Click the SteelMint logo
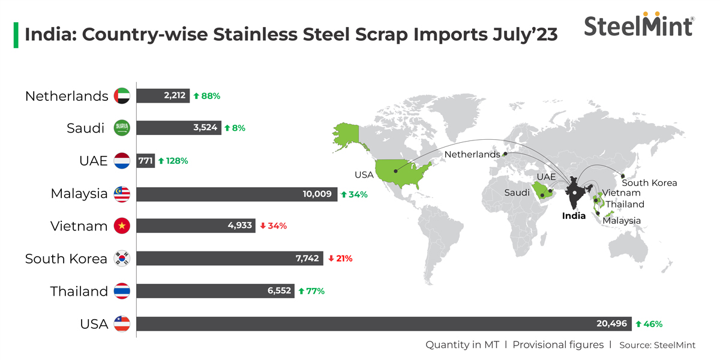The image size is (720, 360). click(639, 25)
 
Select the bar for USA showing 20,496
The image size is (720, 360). click(384, 324)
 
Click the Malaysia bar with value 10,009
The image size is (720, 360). click(236, 194)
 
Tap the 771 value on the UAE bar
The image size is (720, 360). click(145, 161)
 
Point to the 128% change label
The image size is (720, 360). click(173, 161)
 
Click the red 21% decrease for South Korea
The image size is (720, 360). click(340, 259)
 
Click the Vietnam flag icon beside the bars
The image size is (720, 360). click(122, 226)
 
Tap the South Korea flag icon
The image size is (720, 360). click(122, 259)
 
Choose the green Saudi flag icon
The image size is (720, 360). click(122, 128)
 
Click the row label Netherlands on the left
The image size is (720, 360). click(67, 96)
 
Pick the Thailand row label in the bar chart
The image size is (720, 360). click(79, 292)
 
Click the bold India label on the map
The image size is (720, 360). click(574, 216)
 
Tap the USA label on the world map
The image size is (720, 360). click(364, 175)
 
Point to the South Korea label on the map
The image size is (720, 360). click(649, 183)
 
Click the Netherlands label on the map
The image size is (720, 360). click(472, 154)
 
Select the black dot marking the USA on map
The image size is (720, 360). click(396, 170)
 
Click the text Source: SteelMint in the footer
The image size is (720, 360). click(657, 345)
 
